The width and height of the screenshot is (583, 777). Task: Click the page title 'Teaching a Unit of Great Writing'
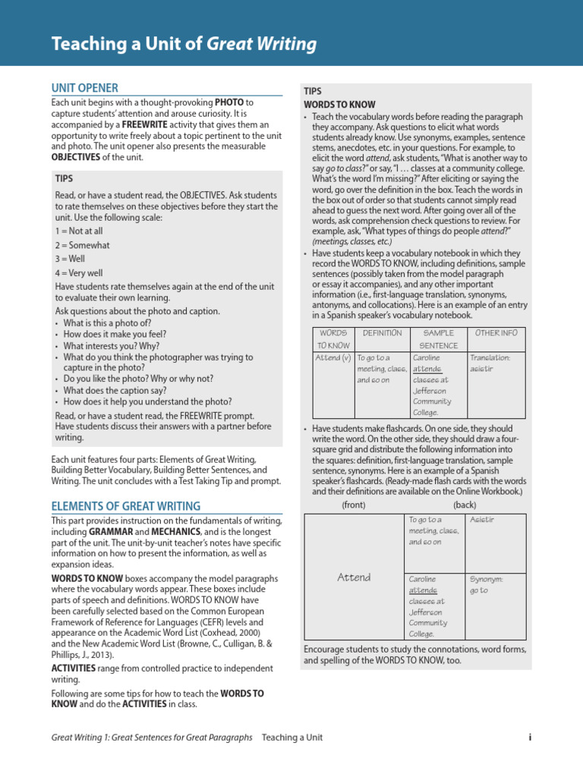pos(184,44)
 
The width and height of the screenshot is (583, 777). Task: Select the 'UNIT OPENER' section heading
pos(84,88)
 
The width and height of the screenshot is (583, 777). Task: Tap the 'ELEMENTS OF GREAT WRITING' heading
pos(125,506)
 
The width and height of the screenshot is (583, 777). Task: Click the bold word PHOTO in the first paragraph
pos(229,102)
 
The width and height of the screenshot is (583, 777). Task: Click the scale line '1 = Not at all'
pos(79,230)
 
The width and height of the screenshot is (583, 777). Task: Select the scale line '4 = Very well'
pos(79,272)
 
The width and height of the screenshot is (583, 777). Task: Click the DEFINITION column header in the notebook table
pos(382,334)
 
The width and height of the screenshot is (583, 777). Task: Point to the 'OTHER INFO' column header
pos(496,334)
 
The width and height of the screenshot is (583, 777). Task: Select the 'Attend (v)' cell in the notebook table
pos(332,357)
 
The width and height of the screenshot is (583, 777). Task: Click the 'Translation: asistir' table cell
pos(490,362)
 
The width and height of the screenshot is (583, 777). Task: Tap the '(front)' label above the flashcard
pos(354,504)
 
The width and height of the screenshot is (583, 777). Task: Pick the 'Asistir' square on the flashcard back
pos(481,520)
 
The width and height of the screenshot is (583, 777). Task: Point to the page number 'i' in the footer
pos(530,737)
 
